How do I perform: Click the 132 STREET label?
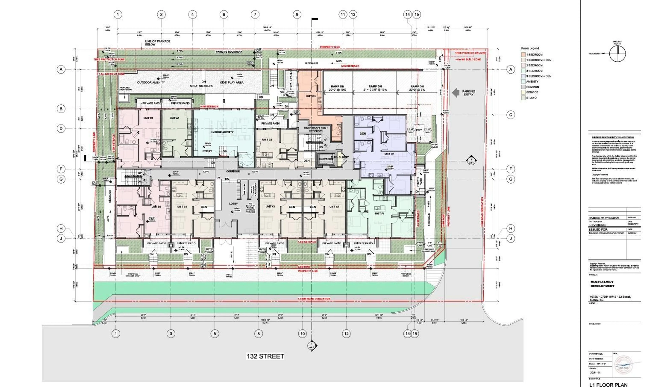tap(265, 356)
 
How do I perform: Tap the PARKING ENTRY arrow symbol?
tap(455, 93)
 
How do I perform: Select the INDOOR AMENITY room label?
tap(222, 132)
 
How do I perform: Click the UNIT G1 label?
tap(389, 154)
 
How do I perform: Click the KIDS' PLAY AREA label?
tap(232, 82)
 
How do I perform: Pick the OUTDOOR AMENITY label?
tap(151, 82)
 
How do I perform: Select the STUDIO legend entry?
tap(531, 98)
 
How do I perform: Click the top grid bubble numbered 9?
tap(297, 15)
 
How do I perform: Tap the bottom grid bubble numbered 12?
tap(346, 334)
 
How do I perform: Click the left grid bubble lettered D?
tap(61, 128)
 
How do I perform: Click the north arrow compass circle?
tap(617, 54)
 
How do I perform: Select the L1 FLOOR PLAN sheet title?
tap(608, 385)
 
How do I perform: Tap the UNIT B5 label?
tap(311, 96)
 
